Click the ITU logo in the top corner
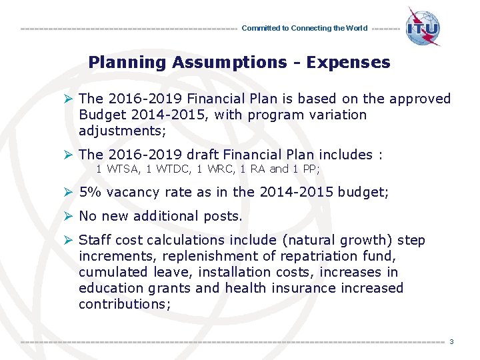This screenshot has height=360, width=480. click(423, 27)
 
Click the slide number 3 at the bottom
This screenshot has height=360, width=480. click(451, 342)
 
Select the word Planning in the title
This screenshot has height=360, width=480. click(127, 63)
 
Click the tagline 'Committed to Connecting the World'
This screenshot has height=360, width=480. click(304, 29)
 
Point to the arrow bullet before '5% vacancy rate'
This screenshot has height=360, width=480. click(67, 192)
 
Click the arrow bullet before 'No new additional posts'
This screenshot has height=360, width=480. click(67, 216)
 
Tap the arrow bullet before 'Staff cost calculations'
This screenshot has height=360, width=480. click(67, 240)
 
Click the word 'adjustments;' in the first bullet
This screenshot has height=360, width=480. click(122, 131)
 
